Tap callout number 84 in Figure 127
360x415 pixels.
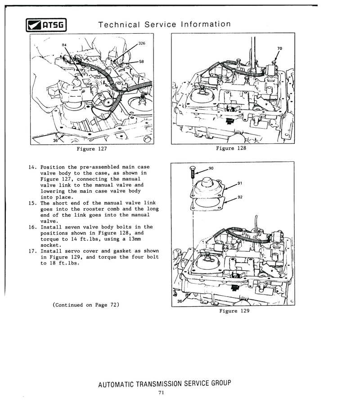point(64,45)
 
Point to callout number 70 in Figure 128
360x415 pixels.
point(279,48)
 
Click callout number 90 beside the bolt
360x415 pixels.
point(211,168)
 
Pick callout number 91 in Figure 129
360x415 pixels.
point(240,183)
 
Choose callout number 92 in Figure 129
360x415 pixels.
point(240,196)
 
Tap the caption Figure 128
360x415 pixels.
point(231,148)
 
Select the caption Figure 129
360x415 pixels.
point(234,311)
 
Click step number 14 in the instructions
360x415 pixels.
point(31,167)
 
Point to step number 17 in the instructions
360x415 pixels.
point(31,251)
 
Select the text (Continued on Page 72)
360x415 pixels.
point(85,305)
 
